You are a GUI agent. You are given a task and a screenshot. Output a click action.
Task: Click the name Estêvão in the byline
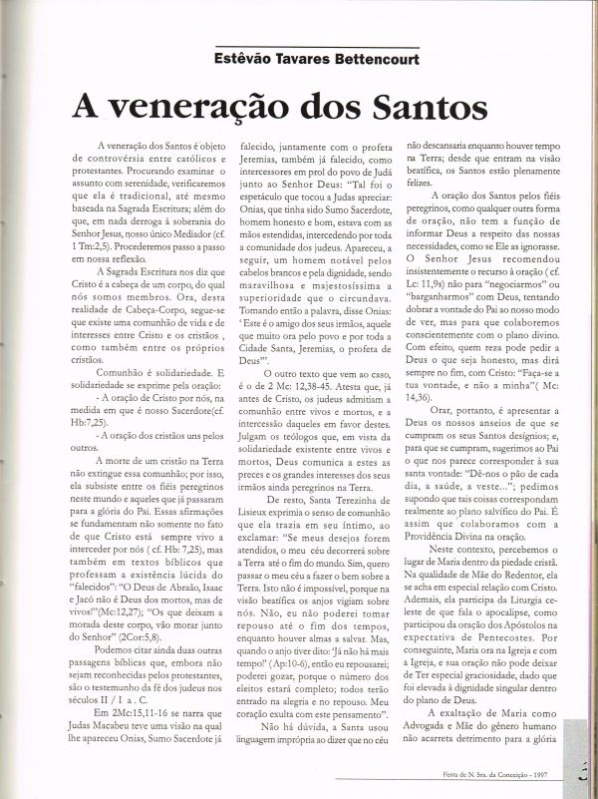pos(240,60)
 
